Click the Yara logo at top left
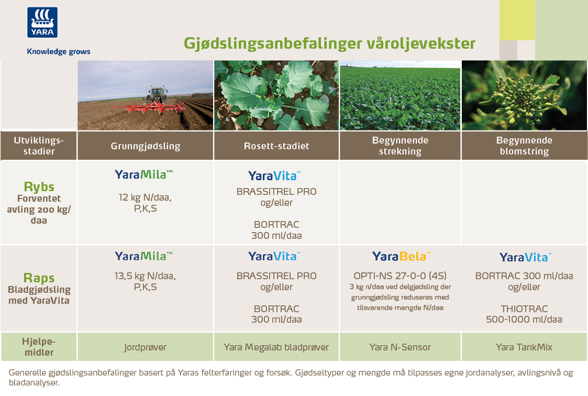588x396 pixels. [x=42, y=23]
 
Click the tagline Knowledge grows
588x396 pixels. [x=59, y=51]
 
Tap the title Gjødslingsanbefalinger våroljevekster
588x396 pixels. [x=330, y=43]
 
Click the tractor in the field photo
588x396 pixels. [x=157, y=96]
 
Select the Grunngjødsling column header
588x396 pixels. [x=146, y=146]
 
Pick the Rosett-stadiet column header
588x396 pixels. [x=277, y=146]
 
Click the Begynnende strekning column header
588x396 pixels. [x=400, y=146]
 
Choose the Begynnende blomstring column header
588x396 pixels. [x=524, y=146]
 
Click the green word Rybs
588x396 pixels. [x=39, y=187]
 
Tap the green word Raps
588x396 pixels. [x=39, y=278]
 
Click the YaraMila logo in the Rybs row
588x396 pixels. [x=143, y=174]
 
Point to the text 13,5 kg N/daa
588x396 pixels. [x=145, y=277]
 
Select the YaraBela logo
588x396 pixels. [x=401, y=257]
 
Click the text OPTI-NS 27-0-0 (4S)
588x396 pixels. [x=400, y=276]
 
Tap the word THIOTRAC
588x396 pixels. [x=524, y=309]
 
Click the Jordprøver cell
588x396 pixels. [x=146, y=347]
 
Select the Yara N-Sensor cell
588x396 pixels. [x=400, y=347]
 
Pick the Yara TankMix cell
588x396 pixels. [x=524, y=347]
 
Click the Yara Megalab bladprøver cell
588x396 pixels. [x=277, y=347]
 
